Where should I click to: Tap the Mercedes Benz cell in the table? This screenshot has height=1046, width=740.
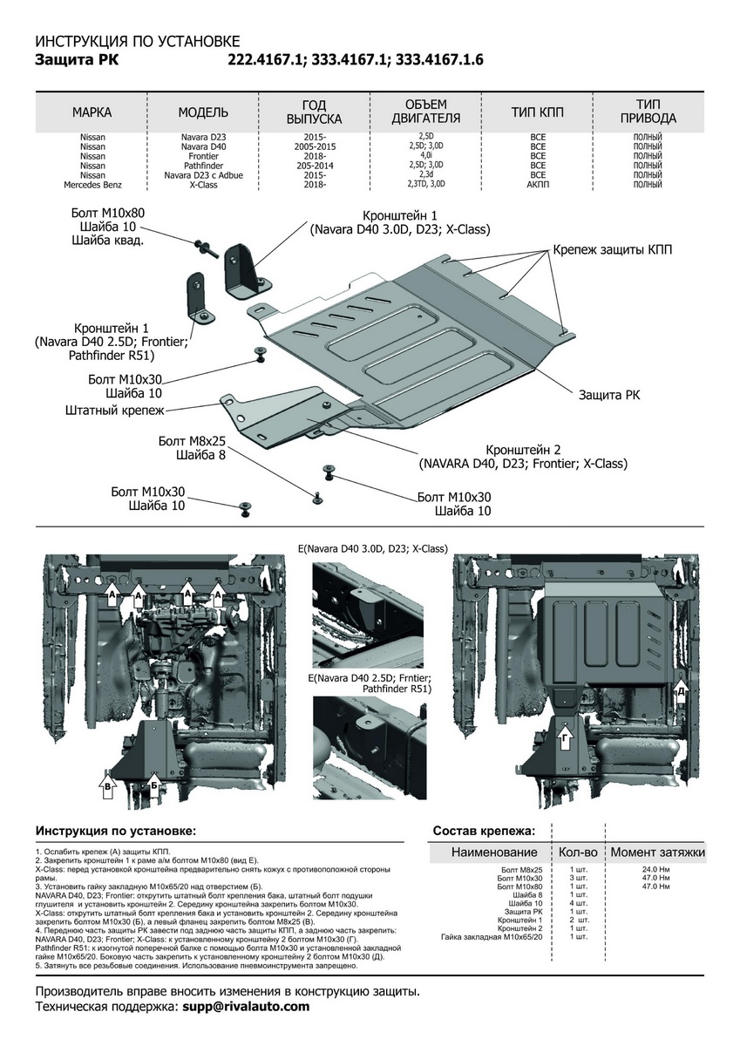tap(93, 185)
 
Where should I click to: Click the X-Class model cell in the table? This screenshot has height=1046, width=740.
tap(203, 185)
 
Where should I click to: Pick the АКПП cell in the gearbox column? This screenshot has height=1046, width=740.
tap(538, 185)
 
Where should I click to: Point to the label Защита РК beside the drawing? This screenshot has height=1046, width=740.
tap(609, 395)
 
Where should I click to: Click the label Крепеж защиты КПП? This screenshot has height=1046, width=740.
tap(611, 250)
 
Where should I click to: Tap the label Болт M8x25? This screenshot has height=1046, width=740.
tap(192, 441)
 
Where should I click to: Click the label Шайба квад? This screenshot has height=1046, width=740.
tap(108, 241)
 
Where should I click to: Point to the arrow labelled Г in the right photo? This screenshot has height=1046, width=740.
tap(567, 741)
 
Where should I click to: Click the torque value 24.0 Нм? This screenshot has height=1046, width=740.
tap(655, 870)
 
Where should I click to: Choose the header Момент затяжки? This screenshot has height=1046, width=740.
tap(657, 852)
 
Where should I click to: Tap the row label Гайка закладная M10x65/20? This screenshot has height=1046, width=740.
tap(492, 937)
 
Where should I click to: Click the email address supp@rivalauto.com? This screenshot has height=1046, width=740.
tap(246, 1006)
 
